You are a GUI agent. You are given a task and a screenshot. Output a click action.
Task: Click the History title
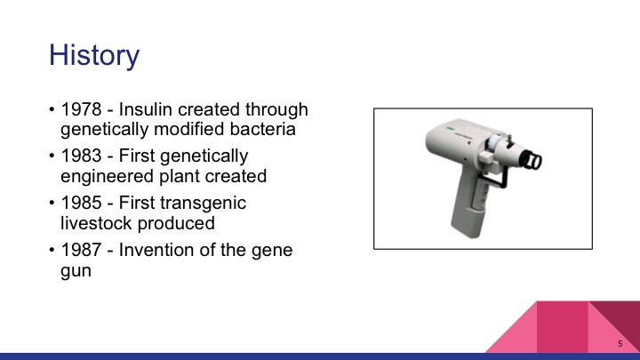pos(94,55)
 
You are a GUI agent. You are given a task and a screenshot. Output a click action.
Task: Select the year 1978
pos(81,110)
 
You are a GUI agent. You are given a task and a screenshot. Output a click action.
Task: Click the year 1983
pos(81,156)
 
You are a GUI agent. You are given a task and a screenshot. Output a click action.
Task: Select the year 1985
pos(81,203)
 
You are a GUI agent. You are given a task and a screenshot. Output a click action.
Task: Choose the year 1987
pos(81,250)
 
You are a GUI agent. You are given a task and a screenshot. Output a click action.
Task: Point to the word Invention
pos(159,250)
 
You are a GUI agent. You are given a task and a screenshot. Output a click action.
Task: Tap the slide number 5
pos(619,344)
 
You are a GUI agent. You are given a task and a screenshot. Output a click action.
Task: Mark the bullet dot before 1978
pos(51,111)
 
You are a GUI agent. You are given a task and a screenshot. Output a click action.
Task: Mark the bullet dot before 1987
pos(51,251)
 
